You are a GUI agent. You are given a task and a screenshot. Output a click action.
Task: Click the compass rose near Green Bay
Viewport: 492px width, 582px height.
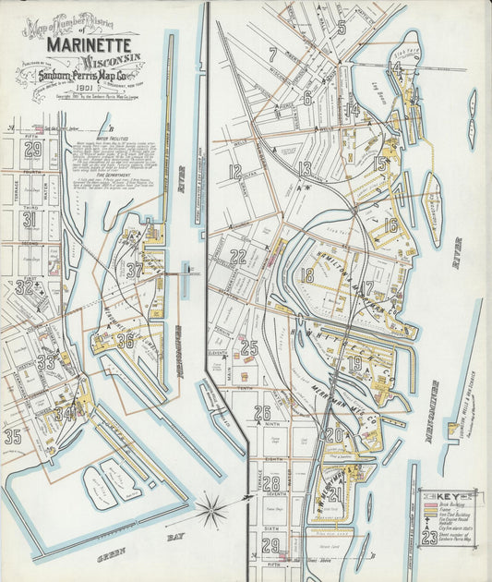coord(212,506)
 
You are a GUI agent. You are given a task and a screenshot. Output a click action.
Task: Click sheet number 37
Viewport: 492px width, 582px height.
coord(135,270)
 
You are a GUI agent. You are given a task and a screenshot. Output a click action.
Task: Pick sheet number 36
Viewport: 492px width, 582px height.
coord(125,340)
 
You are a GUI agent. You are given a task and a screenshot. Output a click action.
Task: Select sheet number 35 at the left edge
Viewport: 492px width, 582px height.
coord(12,436)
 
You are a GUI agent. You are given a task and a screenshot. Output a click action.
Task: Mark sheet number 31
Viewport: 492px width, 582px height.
coord(30,220)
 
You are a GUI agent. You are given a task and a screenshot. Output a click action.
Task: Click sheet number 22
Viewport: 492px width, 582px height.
coord(238,256)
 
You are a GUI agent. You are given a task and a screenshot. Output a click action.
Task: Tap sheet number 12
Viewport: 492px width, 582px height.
coord(235,171)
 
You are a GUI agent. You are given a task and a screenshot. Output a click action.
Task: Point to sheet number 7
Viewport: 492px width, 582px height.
coord(273,55)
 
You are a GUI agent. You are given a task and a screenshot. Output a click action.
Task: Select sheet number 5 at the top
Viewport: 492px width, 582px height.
coord(341,28)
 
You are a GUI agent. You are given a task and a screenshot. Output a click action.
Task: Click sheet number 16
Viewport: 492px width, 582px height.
coord(390,224)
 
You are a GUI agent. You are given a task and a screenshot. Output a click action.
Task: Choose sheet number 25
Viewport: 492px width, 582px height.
coord(248,348)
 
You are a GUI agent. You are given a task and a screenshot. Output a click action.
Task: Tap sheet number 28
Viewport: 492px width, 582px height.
coord(270,483)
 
